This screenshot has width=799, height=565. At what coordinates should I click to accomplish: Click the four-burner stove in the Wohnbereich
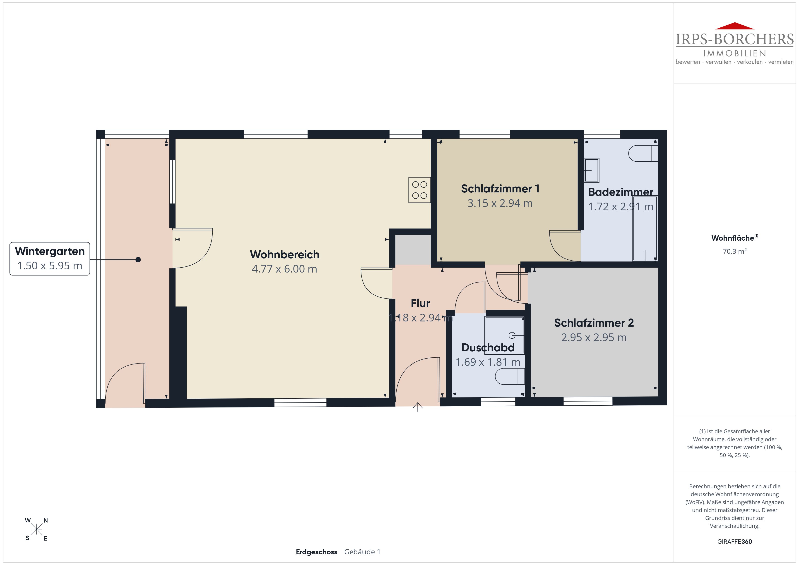419,190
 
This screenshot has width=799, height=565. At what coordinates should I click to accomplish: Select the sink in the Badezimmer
591,170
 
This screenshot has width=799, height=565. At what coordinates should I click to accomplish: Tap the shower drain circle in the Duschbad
512,335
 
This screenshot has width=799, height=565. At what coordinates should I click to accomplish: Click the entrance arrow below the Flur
418,407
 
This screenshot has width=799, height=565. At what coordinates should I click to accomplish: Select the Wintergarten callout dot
138,260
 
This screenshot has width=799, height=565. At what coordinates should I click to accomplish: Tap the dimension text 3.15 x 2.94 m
500,203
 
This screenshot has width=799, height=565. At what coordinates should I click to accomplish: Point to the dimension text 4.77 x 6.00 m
284,269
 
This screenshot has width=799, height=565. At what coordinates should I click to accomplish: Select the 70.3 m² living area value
735,251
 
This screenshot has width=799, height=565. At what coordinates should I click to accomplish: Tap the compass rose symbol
36,529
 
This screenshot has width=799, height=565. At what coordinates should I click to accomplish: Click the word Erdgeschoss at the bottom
316,552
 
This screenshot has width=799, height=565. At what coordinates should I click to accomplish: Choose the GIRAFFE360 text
735,541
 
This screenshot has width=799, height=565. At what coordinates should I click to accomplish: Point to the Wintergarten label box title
50,251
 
